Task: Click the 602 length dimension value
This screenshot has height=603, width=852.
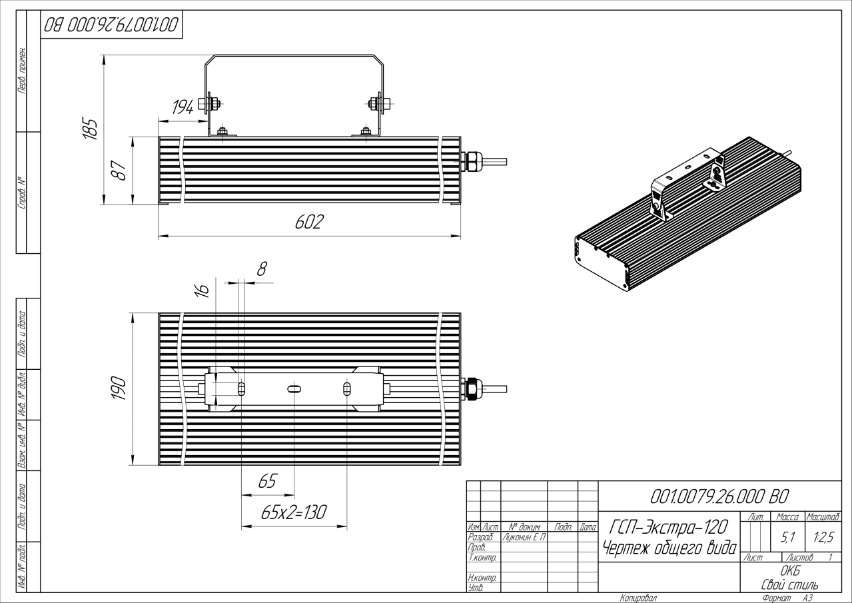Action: [309, 223]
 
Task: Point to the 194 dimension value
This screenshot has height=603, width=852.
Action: [183, 108]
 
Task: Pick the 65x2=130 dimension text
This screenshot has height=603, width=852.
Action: [293, 512]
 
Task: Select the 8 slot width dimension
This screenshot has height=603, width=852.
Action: [262, 269]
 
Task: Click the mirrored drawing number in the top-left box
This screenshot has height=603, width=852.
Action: [111, 25]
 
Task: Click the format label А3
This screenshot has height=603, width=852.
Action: [807, 598]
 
